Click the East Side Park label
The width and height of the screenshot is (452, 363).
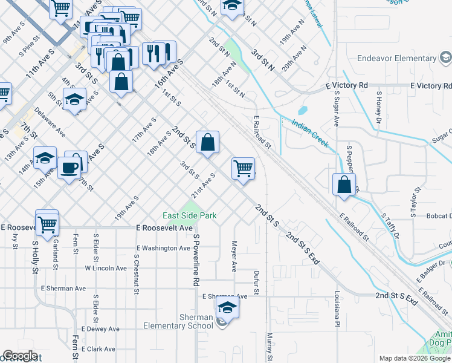tap(189, 215)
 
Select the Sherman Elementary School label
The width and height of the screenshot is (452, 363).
tap(179, 321)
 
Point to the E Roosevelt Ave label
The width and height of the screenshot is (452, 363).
tap(165, 228)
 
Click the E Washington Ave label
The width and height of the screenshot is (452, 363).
tap(163, 248)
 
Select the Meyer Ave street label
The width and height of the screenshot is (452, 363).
tap(234, 257)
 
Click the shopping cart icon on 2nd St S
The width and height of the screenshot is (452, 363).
tap(243, 168)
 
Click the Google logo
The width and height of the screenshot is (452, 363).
tap(21, 356)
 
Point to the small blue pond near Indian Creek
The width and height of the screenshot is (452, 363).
tap(302, 111)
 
